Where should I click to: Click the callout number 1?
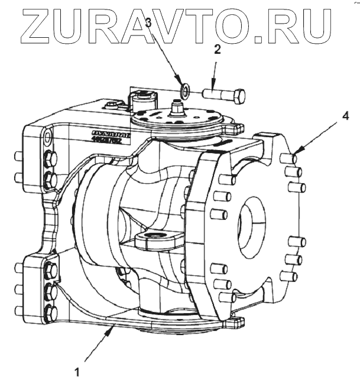click(76, 372)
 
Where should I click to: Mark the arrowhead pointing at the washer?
click(181, 83)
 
